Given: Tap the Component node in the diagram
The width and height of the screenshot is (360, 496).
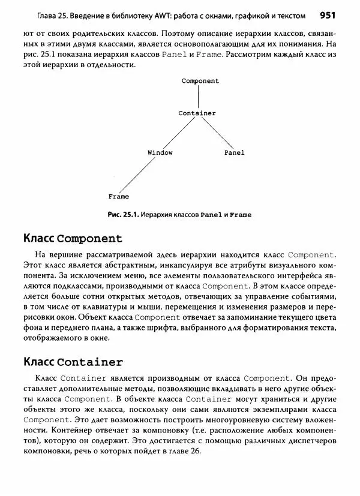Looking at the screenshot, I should point(200,81).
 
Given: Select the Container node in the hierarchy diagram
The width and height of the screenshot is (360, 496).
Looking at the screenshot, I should point(197,113).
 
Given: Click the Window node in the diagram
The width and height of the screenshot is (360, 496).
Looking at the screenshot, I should point(160,152).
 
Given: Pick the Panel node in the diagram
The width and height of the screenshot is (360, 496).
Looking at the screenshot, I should point(234,152).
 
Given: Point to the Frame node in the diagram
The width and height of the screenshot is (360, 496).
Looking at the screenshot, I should point(118,196).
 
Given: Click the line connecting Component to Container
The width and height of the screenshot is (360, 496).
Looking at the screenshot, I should point(199,97).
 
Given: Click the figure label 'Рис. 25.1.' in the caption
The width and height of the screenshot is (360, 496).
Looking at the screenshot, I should point(123,214).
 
